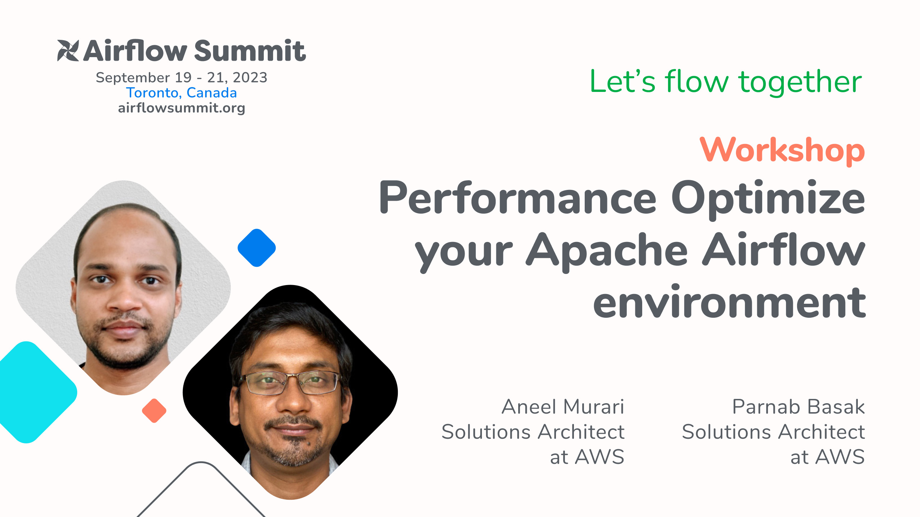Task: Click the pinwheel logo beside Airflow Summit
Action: (x=68, y=50)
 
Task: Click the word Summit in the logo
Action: (x=250, y=51)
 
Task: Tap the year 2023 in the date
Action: (x=250, y=78)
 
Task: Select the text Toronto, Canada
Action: (x=181, y=93)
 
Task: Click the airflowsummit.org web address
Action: (x=181, y=108)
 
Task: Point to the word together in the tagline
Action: (x=800, y=82)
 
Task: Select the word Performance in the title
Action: (x=518, y=198)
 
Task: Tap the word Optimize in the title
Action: (x=768, y=198)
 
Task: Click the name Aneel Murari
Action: (x=563, y=407)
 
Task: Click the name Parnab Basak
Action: (x=798, y=407)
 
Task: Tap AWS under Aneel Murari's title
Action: (x=599, y=457)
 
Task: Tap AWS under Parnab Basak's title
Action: (x=840, y=457)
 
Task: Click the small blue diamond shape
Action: (x=257, y=248)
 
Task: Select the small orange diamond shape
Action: (x=154, y=410)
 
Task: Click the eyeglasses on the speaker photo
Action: (x=290, y=383)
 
